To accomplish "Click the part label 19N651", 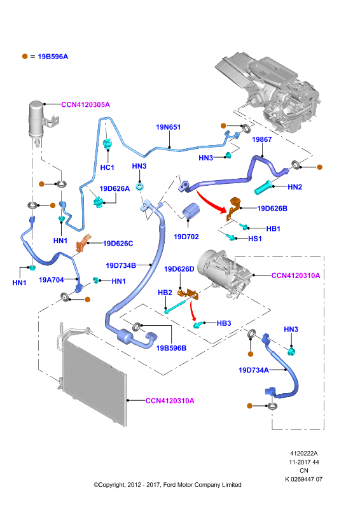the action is [x=168, y=127].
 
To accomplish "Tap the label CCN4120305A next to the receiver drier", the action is [x=86, y=104].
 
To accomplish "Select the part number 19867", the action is [x=261, y=139].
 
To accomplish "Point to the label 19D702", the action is [x=186, y=237].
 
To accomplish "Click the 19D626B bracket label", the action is [x=272, y=209].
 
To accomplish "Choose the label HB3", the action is [x=224, y=323].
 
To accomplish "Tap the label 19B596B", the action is [x=171, y=348].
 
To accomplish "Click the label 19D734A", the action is [x=254, y=370].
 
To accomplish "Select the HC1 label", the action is [x=107, y=167].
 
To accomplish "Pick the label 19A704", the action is [x=52, y=279].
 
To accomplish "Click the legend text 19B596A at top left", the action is [x=53, y=57].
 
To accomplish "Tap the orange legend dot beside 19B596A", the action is [x=25, y=56].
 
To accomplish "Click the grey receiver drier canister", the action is [x=36, y=120].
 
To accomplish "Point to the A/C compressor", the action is [x=224, y=273].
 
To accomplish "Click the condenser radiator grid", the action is [x=94, y=383].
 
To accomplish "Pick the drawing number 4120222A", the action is [x=304, y=453].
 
